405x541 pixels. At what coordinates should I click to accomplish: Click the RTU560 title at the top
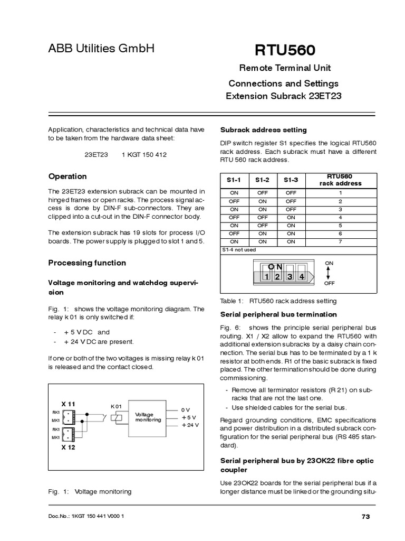(x=285, y=51)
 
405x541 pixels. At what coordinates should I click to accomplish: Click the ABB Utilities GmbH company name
(x=101, y=49)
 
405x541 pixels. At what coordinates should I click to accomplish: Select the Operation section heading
(x=67, y=176)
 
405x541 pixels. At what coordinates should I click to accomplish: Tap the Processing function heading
(x=87, y=263)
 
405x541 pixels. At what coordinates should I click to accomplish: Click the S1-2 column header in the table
(x=262, y=180)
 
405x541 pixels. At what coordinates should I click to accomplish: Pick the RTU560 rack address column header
(x=340, y=180)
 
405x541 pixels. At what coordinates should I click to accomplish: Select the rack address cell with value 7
(x=340, y=241)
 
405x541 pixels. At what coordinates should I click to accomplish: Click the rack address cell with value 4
(x=340, y=217)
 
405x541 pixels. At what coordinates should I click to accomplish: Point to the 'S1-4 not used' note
(x=238, y=249)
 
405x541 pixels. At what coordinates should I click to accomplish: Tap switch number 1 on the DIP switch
(x=267, y=277)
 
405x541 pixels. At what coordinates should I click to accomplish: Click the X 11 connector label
(x=69, y=404)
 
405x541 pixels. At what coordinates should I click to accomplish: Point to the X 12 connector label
(x=69, y=447)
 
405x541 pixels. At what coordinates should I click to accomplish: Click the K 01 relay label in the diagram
(x=116, y=406)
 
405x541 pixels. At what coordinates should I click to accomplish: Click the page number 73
(x=365, y=516)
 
